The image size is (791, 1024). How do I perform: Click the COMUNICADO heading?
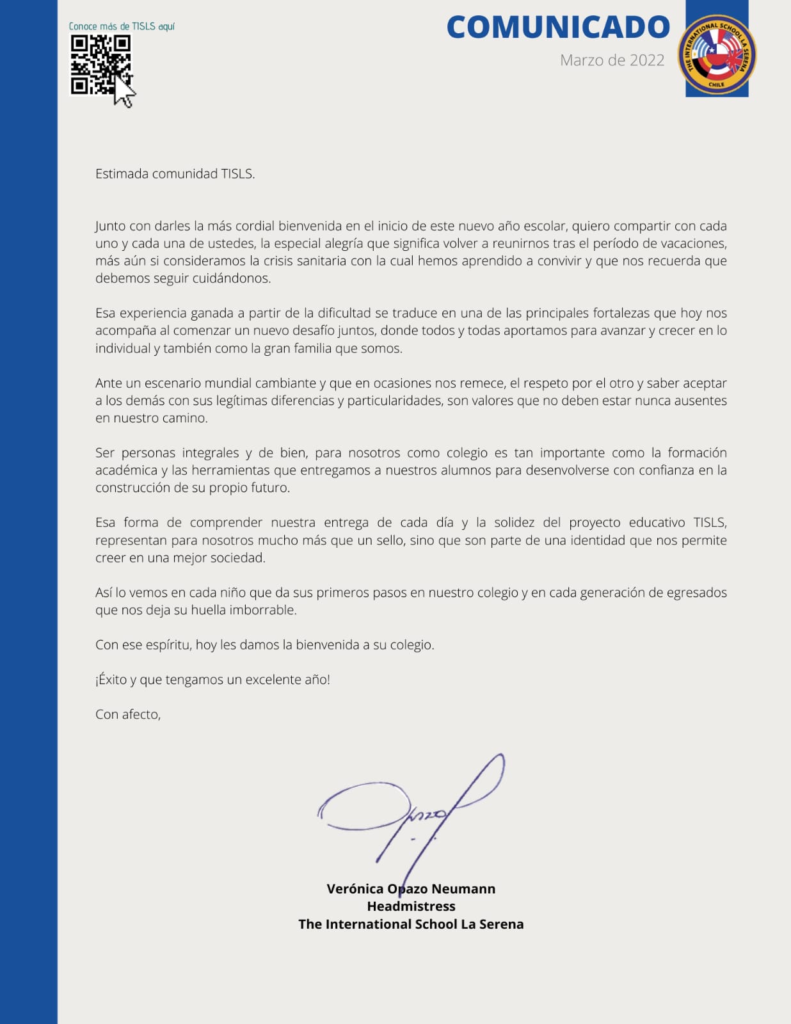coord(557,28)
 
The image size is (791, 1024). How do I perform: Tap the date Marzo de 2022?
coord(612,60)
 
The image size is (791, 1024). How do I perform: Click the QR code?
coord(100,64)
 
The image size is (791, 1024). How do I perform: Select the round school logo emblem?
coord(717,54)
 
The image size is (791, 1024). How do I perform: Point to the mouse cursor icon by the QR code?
coord(125,93)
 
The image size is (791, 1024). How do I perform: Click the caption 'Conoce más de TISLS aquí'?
coord(122,26)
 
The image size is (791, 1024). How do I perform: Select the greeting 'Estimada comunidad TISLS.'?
coord(175,174)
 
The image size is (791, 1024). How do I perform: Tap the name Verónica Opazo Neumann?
coord(411,889)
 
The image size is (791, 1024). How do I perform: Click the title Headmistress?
coord(411,906)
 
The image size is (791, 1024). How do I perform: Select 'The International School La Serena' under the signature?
coord(411,924)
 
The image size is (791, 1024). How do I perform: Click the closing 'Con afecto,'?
coord(128,714)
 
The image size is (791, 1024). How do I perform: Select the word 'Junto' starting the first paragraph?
coord(111,227)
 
